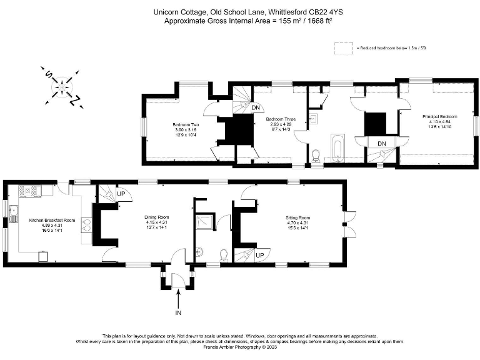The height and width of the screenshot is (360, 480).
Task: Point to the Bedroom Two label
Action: pos(186,125)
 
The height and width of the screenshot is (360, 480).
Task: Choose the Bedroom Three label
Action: pos(281,119)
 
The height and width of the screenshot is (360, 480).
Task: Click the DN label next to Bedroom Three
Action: pos(256,107)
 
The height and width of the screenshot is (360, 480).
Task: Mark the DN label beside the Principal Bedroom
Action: pos(382,144)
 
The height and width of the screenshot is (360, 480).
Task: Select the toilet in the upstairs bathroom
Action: pos(316,154)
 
